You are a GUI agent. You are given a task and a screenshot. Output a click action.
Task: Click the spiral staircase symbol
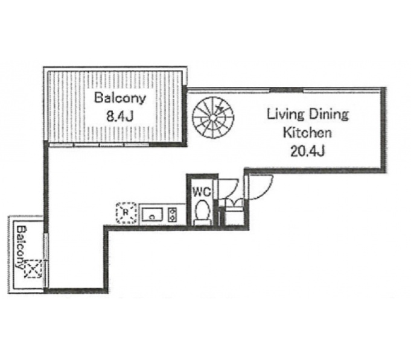pos(213,118)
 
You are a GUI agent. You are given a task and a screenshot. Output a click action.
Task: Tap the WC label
pos(202,192)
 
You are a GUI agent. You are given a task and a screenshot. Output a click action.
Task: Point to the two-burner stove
pos(173,215)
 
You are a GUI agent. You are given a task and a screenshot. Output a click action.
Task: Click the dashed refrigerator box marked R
pos(126,213)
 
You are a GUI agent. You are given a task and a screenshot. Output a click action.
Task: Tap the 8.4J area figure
pos(120,116)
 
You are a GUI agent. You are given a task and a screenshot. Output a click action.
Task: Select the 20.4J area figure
pos(307,151)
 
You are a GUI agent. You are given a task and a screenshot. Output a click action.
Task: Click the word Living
pos(285,115)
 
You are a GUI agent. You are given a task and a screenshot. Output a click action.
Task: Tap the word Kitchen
pos(307,132)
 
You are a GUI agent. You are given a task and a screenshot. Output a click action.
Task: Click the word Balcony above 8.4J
pos(119,98)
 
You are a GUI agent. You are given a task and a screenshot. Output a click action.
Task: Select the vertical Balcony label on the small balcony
pos(22,247)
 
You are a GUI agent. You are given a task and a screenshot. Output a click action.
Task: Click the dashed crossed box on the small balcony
pos(33,268)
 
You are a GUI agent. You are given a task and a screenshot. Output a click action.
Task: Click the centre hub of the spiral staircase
pos(213,118)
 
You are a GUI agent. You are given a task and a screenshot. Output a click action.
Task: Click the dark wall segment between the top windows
pos(286,90)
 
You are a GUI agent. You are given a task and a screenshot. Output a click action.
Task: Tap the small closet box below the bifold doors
pos(234,216)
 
